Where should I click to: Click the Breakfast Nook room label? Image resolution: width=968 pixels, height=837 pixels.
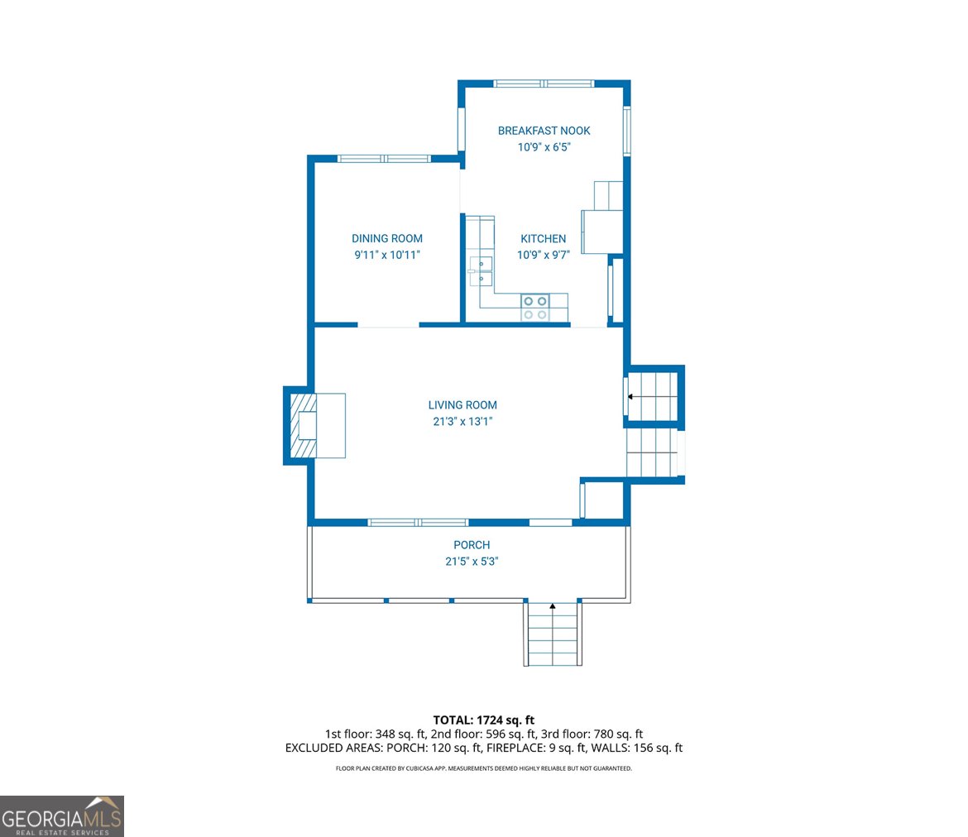click(x=544, y=131)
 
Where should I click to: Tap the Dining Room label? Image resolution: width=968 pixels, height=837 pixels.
click(x=386, y=239)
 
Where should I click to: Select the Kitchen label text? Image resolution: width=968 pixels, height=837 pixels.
click(x=543, y=239)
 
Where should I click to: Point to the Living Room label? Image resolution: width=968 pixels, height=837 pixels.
click(x=462, y=405)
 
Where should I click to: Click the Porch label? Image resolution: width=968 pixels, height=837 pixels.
click(x=472, y=545)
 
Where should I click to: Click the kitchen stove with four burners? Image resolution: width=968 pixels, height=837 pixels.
click(x=535, y=308)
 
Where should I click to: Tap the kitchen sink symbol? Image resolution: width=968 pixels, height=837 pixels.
click(x=480, y=271)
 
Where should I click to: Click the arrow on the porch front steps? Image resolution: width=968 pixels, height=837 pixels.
click(x=553, y=608)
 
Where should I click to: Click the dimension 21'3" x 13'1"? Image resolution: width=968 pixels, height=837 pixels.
click(x=462, y=421)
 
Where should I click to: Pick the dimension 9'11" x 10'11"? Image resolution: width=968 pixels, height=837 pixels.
click(x=387, y=256)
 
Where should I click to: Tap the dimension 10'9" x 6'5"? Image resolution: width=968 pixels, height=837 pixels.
click(x=544, y=147)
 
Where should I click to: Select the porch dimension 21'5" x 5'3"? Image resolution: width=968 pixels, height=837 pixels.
click(x=472, y=561)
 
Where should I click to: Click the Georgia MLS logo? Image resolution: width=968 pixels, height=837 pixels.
click(x=62, y=816)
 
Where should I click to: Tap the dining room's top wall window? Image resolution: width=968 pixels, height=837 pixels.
click(x=384, y=158)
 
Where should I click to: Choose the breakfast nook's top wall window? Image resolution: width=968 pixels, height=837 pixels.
click(x=544, y=83)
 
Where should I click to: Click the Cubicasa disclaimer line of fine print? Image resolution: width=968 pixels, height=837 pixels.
click(x=484, y=768)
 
